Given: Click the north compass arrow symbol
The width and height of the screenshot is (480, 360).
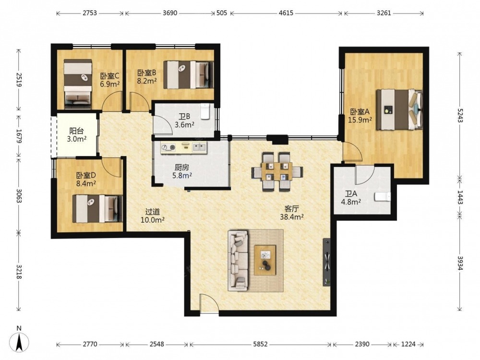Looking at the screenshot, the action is tap(19, 341).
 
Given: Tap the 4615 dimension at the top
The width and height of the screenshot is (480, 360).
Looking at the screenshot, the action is tap(286, 13).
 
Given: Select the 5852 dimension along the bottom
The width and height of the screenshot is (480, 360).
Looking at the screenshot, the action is tap(260, 344).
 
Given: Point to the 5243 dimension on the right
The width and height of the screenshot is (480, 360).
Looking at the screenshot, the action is tap(460, 115).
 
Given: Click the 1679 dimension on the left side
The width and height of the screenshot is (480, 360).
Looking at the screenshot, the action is tap(19, 136).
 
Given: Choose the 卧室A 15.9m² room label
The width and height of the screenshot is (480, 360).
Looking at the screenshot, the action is tap(360, 116).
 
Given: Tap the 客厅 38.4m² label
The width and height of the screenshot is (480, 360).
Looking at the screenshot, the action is tap(292, 213).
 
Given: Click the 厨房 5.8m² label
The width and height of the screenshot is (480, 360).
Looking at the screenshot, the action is tap(182, 171).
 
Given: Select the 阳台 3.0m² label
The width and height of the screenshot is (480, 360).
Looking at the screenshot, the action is tap(76, 135).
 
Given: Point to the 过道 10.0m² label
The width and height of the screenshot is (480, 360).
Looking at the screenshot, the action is tap(153, 216).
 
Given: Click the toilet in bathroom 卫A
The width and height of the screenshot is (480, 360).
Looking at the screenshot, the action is tap(383, 196).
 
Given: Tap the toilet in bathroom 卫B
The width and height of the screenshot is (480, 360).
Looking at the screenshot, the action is tap(205, 111).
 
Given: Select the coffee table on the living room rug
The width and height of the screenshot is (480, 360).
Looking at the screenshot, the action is tap(265, 260).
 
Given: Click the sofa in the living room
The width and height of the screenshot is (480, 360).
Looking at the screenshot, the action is tap(238, 261).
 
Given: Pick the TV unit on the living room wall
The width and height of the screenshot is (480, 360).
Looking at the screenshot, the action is tap(326, 262).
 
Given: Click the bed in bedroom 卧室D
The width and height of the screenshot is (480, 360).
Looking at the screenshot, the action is tap(97, 209).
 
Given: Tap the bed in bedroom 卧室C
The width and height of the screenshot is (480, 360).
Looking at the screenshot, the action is tap(78, 84).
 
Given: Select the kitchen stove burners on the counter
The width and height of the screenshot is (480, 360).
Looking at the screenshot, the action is tap(168, 147).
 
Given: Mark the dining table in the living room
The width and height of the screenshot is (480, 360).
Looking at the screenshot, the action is tap(277, 171).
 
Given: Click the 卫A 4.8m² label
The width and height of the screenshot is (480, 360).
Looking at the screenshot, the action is tap(351, 198).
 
